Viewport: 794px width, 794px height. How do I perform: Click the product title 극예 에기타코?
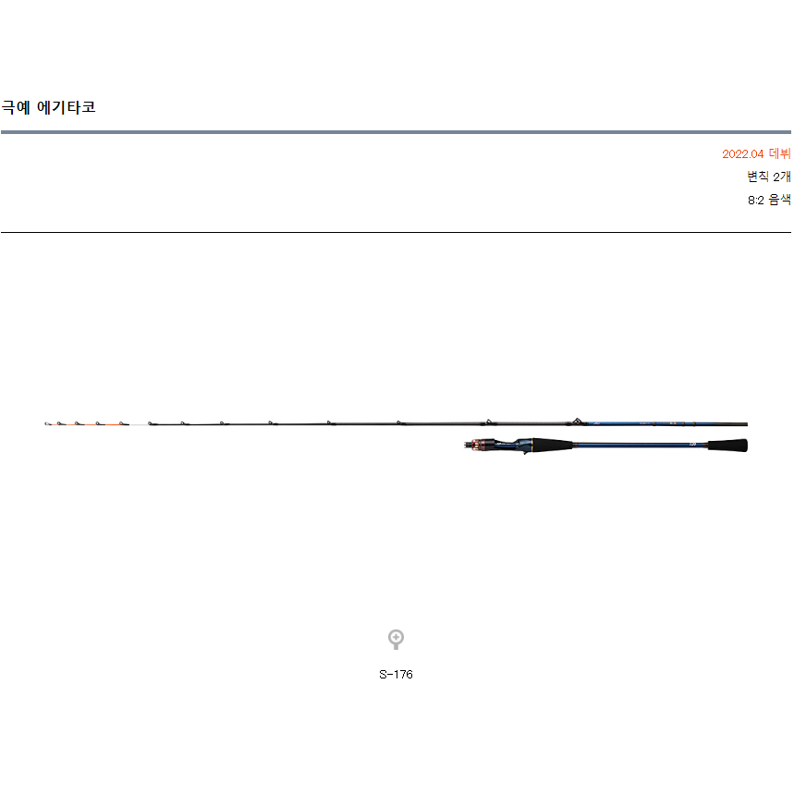coord(49,107)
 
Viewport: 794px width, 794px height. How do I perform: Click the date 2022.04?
coord(743,154)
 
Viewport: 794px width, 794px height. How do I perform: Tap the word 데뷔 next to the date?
coord(780,154)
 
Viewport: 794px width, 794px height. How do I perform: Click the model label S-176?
coord(396,675)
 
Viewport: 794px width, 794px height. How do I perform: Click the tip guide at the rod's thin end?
coord(46,424)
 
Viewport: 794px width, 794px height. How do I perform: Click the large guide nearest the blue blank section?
coord(576,421)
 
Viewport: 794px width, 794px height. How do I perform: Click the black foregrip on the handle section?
coord(555,446)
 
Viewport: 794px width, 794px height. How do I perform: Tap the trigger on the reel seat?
coord(525,451)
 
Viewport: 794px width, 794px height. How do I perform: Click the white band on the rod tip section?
coord(137,424)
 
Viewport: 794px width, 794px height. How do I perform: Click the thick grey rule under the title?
coord(396,132)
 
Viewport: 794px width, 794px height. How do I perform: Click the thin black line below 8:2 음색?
coord(396,232)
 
